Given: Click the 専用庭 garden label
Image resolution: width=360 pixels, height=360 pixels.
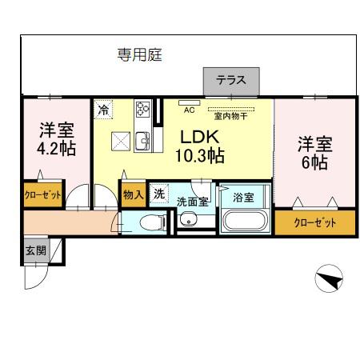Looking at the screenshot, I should [140, 54].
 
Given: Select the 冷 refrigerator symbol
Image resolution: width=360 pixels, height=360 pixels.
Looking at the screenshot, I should [103, 111].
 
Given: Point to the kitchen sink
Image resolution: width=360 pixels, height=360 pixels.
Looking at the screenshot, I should [142, 142].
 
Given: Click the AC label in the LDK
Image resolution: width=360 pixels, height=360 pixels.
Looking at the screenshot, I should [190, 110].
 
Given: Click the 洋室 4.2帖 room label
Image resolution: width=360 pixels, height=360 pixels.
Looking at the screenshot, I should [55, 139].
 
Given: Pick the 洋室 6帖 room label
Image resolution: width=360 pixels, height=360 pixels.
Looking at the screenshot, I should [314, 153].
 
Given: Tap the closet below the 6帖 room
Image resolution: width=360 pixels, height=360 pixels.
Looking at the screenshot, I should [314, 222].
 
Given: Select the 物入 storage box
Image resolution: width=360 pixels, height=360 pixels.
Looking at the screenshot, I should [133, 194].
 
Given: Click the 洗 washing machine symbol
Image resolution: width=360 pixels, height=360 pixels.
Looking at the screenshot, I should [159, 194].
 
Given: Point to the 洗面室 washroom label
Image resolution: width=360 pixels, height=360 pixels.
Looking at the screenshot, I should [192, 201].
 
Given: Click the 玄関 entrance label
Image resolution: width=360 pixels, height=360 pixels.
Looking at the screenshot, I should [35, 250].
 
